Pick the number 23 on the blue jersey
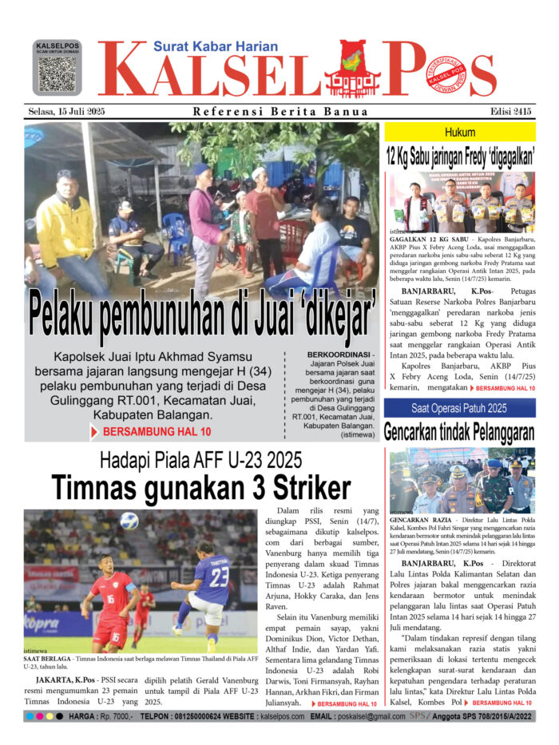pyautogui.click(x=219, y=578)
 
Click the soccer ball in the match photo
pyautogui.click(x=129, y=521)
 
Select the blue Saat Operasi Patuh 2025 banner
pyautogui.click(x=459, y=409)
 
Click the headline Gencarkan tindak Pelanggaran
pyautogui.click(x=459, y=432)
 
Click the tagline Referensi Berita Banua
pyautogui.click(x=268, y=112)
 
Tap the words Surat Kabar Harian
pyautogui.click(x=215, y=47)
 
